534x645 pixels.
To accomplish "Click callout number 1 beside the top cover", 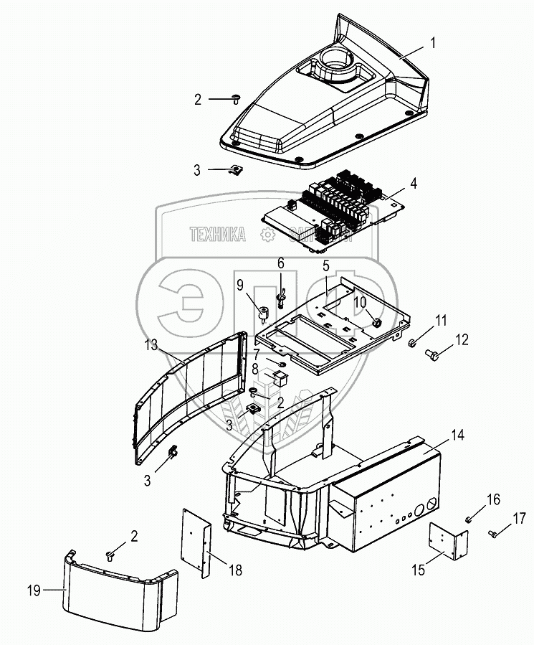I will pyautogui.click(x=432, y=43).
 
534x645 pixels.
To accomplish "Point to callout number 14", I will pyautogui.click(x=457, y=436).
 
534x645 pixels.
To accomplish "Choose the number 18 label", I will pyautogui.click(x=236, y=571).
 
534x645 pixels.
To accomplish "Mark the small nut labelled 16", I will pyautogui.click(x=467, y=518).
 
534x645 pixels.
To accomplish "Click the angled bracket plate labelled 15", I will pyautogui.click(x=448, y=540).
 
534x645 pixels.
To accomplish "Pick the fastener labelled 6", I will pyautogui.click(x=282, y=292).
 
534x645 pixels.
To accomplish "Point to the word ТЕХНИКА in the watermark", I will pyautogui.click(x=217, y=234).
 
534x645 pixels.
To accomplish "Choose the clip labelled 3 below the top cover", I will pyautogui.click(x=235, y=169).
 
